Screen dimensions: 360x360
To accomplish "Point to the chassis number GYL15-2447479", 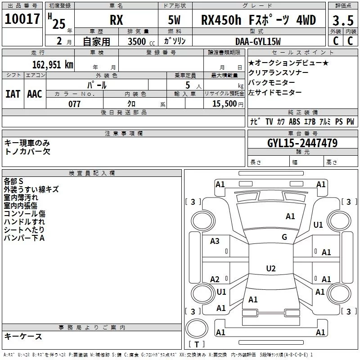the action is [302, 143].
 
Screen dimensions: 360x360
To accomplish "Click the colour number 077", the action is [74, 104].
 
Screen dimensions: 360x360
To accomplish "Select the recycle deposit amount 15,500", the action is [224, 104].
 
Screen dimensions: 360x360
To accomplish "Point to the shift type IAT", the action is [13, 94].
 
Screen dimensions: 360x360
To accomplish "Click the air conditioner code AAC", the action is [35, 94].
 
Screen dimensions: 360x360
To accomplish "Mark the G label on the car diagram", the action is [284, 237].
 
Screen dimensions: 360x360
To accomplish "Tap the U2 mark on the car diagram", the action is [270, 269].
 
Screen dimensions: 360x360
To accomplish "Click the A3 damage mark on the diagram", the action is [215, 241].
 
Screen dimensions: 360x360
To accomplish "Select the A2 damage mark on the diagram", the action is [215, 279].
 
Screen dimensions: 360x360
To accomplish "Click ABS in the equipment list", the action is [294, 122].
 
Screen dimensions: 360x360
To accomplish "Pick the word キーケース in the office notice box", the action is [23, 336].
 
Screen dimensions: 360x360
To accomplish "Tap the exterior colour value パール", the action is [97, 85].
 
